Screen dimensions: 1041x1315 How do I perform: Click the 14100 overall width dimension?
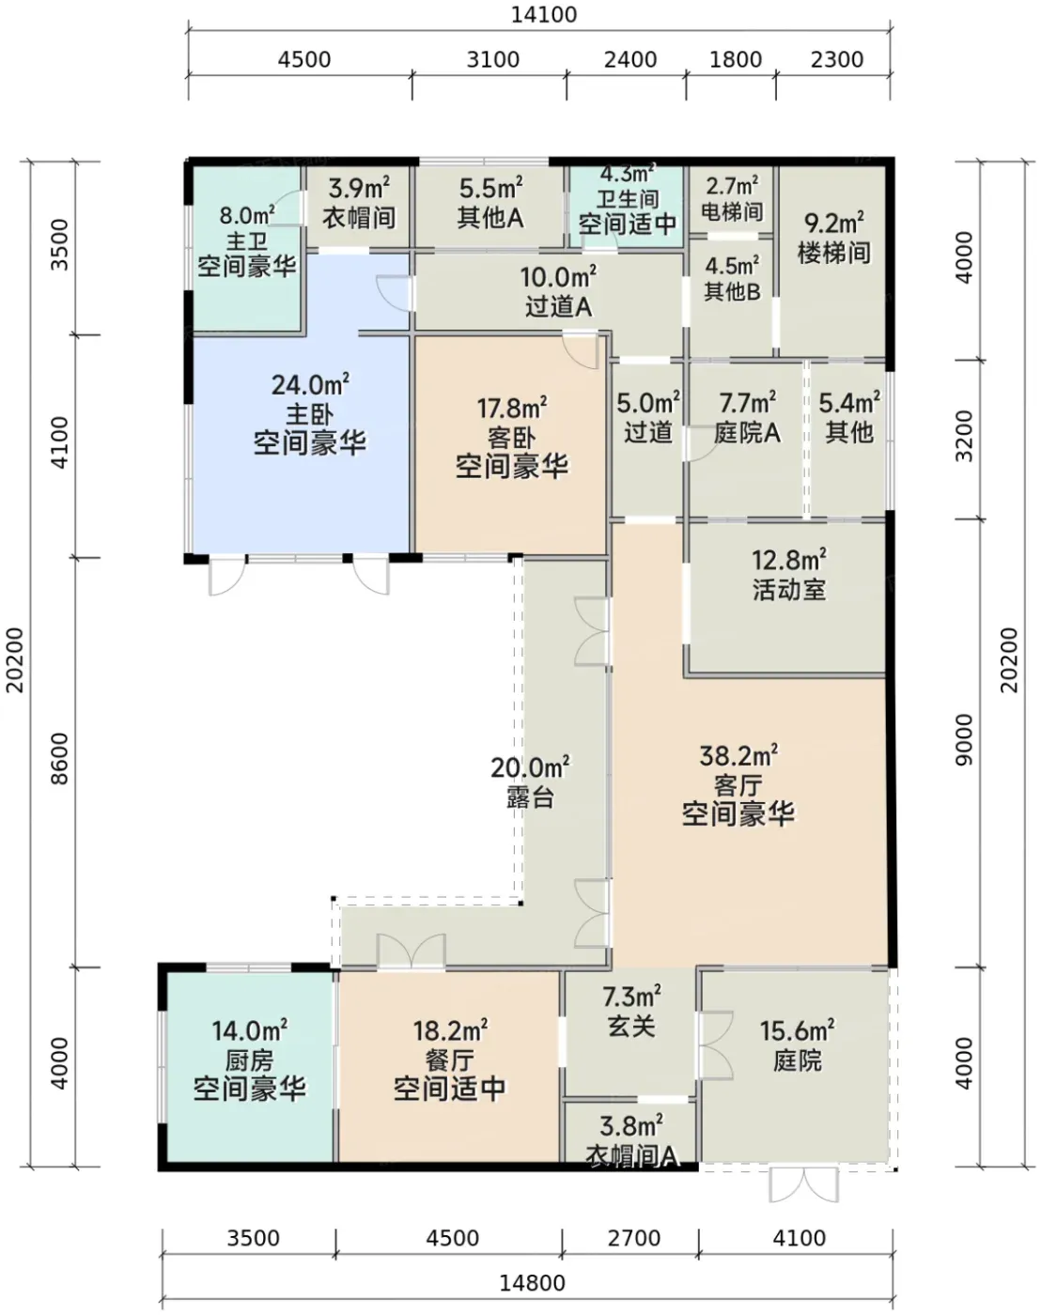(543, 15)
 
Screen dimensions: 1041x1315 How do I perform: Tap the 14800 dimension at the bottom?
(533, 1283)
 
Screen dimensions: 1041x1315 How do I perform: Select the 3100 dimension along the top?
(493, 60)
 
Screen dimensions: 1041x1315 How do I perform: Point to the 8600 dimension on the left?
(60, 759)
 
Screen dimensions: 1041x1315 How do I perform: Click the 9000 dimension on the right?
(964, 739)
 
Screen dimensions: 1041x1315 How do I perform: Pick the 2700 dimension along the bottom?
(634, 1238)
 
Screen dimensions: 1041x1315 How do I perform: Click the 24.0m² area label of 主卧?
(311, 385)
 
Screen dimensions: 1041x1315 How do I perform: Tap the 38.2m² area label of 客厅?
(738, 756)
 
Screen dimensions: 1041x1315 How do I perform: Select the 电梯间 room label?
(732, 212)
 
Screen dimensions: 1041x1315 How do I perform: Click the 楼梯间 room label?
(834, 253)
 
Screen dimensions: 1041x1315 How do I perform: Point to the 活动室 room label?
(789, 590)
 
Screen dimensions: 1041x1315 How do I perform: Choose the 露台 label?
(530, 797)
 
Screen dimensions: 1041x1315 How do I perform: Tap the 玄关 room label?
(631, 1026)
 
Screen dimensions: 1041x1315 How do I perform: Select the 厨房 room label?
(249, 1060)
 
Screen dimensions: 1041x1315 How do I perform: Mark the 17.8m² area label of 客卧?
(512, 408)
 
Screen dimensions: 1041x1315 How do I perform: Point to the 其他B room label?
(732, 291)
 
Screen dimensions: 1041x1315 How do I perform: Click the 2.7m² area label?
(732, 185)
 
